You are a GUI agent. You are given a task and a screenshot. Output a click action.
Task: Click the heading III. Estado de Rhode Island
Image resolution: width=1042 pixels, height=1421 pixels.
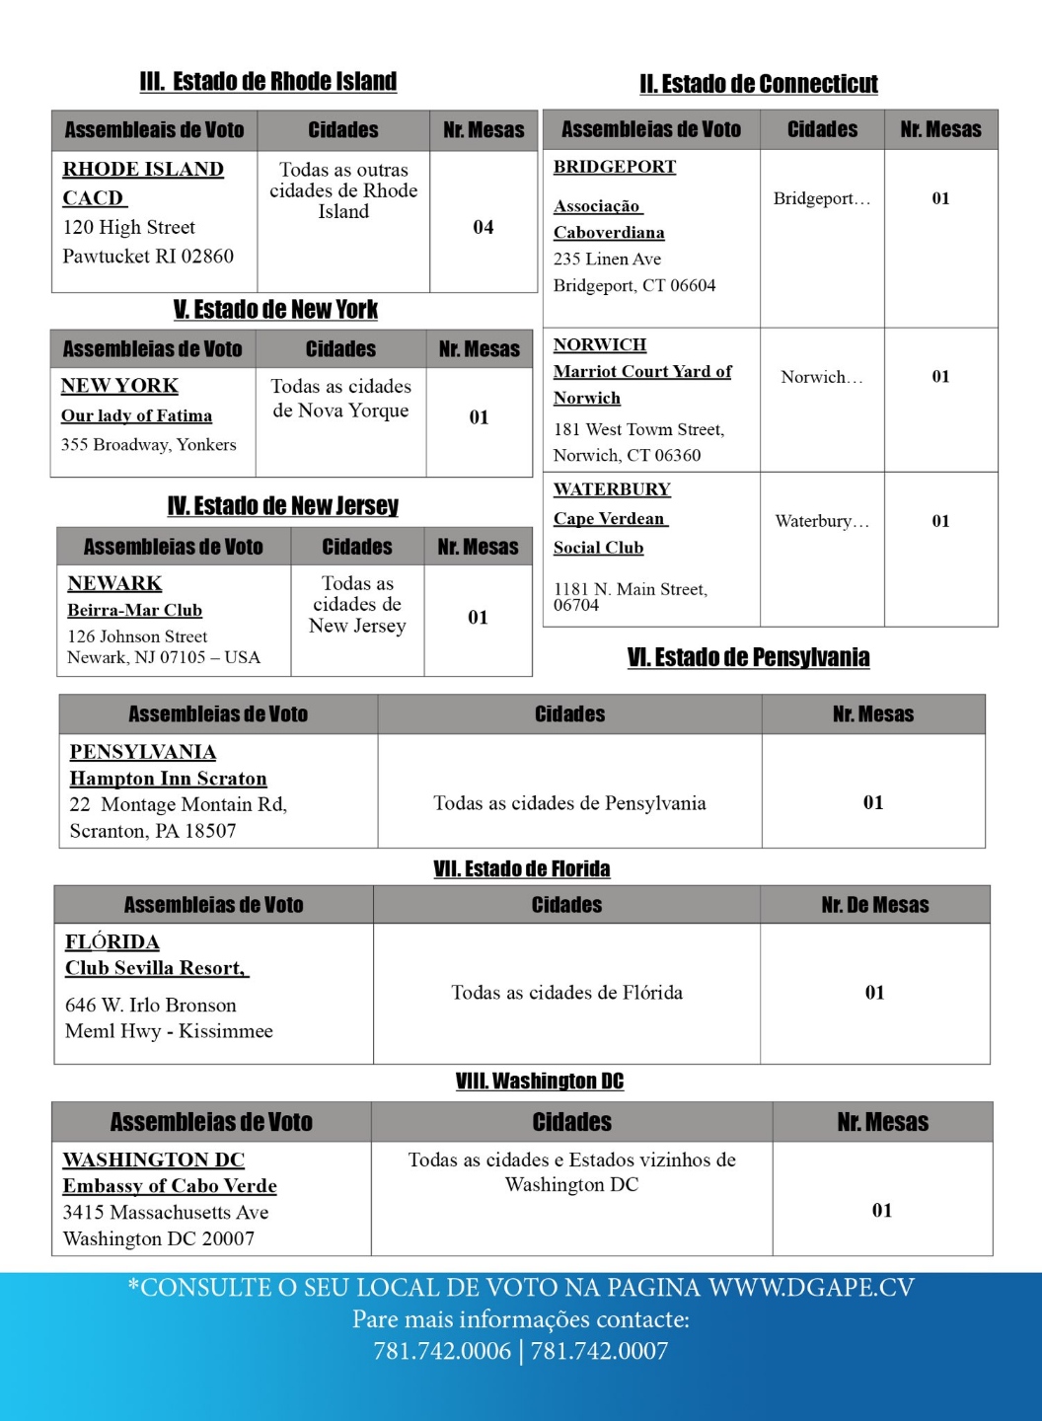coord(268,82)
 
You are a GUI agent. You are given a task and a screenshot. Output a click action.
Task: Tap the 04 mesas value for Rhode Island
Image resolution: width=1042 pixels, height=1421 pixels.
coord(484,228)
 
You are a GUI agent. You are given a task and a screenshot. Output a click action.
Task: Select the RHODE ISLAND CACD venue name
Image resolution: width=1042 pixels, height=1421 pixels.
coord(143,184)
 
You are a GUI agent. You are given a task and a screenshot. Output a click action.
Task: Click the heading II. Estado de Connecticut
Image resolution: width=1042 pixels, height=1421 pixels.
coord(758,84)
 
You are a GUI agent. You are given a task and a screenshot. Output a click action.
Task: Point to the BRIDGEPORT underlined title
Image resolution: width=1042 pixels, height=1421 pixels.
coord(615,167)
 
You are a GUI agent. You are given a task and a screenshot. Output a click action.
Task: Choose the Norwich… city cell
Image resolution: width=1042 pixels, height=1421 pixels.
coord(821,377)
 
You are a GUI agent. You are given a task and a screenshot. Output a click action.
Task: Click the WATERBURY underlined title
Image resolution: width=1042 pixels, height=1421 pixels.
coord(612,489)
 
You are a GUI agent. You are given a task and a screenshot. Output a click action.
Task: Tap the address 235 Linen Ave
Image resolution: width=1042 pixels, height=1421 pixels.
coord(607,260)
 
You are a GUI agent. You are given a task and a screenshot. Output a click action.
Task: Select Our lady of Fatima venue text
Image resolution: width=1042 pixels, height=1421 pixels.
coord(136,416)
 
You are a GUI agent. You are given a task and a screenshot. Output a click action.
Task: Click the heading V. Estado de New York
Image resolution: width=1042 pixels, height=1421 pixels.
coord(275,310)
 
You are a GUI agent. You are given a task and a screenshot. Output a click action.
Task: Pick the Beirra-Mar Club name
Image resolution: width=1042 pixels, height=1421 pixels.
coord(134,611)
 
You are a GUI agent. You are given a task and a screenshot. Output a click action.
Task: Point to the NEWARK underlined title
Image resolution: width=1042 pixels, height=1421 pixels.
coord(114,584)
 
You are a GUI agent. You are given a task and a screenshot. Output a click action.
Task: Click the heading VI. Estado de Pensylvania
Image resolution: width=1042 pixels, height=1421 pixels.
coord(748,658)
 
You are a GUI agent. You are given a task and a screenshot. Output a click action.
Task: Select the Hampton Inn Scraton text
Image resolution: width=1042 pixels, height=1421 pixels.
coord(168,779)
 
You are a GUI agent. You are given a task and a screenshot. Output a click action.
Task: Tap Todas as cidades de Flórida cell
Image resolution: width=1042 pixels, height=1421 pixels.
coord(566,993)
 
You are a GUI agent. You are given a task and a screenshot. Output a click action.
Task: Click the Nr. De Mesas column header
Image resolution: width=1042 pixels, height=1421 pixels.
coord(874,905)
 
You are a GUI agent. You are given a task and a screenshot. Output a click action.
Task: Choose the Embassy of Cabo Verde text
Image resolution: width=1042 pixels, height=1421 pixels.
coord(170,1186)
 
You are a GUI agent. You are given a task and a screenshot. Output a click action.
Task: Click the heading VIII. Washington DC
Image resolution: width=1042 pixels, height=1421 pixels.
coord(539,1082)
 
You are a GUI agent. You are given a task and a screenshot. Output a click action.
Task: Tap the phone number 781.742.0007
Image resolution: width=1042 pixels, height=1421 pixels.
coord(599,1351)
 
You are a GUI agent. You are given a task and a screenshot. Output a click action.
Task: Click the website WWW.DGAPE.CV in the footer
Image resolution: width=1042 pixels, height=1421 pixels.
coord(811,1288)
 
